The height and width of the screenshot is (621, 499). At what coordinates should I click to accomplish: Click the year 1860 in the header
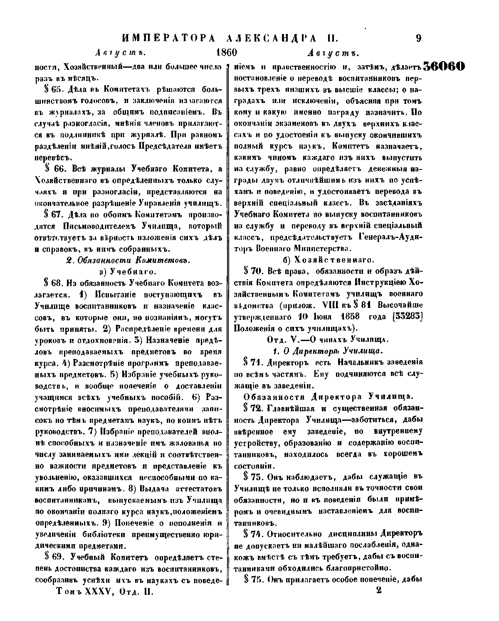click(226, 54)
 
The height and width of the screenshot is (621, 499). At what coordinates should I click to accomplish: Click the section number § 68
click(53, 284)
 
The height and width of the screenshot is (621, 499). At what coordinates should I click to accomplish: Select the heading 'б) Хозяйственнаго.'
click(329, 260)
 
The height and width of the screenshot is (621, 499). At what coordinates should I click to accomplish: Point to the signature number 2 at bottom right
click(378, 591)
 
